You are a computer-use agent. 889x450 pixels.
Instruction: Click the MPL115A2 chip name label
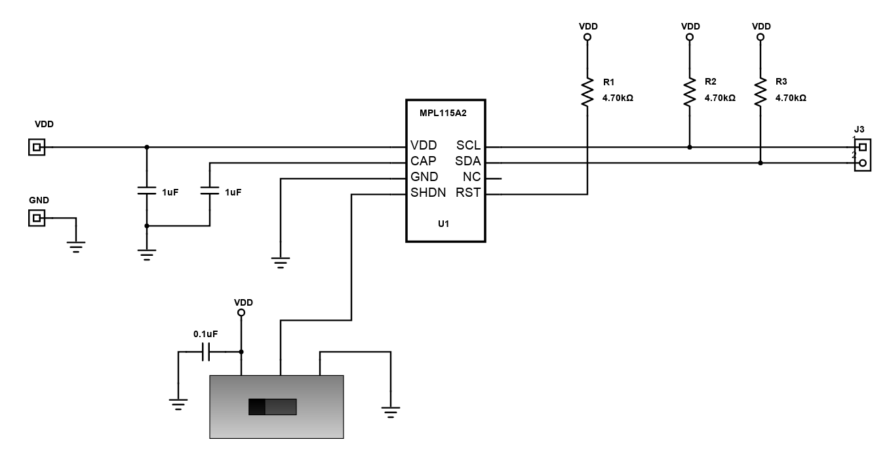click(443, 113)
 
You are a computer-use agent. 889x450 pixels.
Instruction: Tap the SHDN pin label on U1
click(428, 193)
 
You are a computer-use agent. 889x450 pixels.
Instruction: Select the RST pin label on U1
click(468, 193)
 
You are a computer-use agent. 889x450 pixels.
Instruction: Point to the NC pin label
click(471, 176)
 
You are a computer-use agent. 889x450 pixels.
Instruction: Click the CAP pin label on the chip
click(423, 161)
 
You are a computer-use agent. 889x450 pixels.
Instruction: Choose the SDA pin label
click(468, 161)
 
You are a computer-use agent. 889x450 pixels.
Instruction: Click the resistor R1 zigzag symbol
click(587, 92)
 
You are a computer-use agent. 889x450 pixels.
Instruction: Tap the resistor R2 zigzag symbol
click(690, 92)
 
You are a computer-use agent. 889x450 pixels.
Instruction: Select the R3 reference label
click(781, 81)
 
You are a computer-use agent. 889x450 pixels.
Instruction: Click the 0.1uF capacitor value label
click(206, 334)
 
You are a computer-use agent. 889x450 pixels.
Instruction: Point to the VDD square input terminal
click(37, 148)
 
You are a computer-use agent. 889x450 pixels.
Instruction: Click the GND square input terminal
click(37, 218)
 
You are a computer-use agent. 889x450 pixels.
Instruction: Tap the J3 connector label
click(859, 129)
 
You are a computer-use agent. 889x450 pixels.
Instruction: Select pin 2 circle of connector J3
click(862, 163)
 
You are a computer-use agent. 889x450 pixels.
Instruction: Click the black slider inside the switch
click(257, 407)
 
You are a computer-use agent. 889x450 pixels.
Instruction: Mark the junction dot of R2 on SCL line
click(690, 148)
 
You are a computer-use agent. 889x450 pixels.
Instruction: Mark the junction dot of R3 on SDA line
click(761, 163)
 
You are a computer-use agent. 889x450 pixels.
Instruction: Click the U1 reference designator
click(443, 224)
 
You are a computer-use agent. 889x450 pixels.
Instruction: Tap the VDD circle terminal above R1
click(587, 37)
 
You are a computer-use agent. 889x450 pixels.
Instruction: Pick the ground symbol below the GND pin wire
click(281, 262)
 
